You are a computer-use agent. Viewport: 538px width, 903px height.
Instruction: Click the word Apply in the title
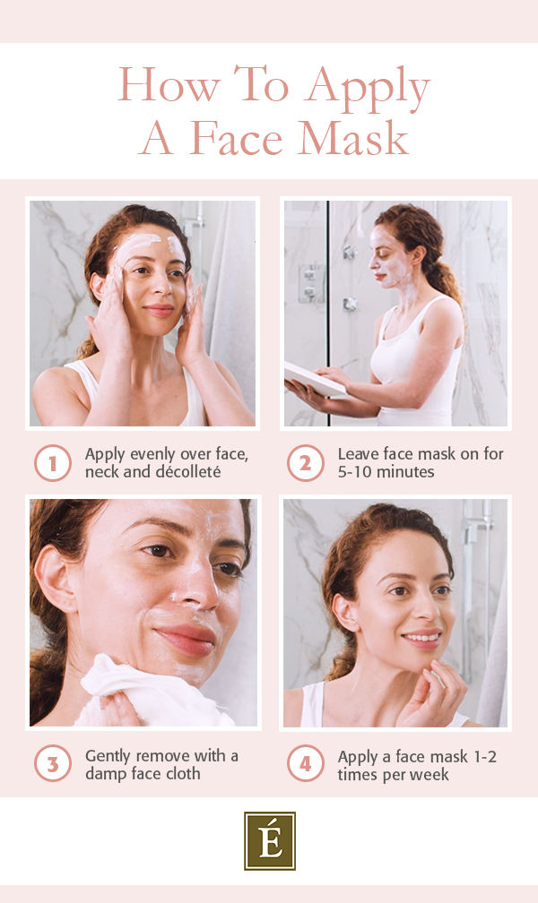point(368,88)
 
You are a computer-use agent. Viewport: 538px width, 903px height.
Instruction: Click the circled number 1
point(52,463)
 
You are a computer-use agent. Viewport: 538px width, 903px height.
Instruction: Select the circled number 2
point(305,463)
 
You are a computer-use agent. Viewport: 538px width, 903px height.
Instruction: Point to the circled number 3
point(52,765)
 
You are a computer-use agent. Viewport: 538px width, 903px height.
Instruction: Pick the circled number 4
point(305,765)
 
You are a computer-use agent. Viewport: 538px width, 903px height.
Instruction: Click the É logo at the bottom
point(269,840)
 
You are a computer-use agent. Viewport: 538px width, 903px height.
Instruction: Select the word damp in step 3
point(106,774)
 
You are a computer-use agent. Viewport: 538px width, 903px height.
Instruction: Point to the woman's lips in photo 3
point(184,639)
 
